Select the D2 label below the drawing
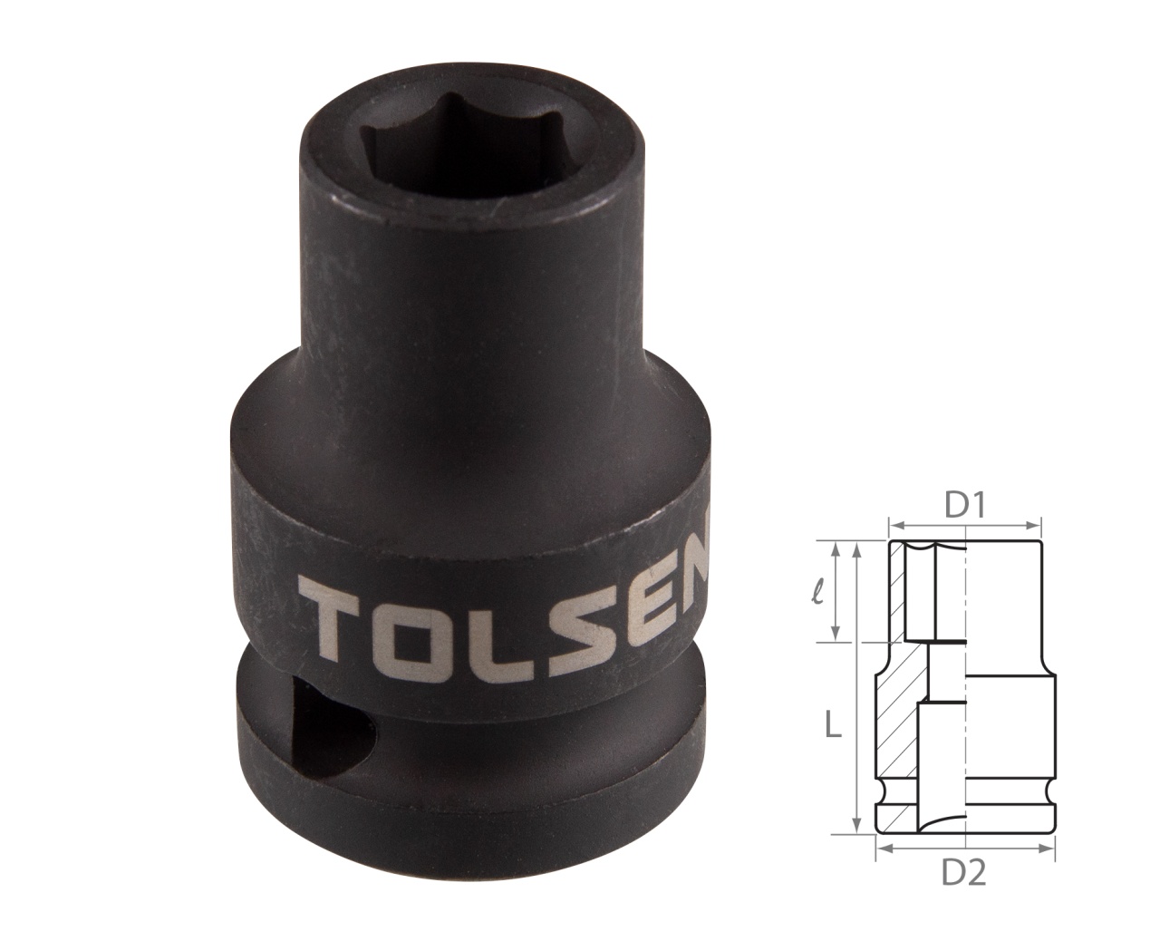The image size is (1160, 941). (x=964, y=873)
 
